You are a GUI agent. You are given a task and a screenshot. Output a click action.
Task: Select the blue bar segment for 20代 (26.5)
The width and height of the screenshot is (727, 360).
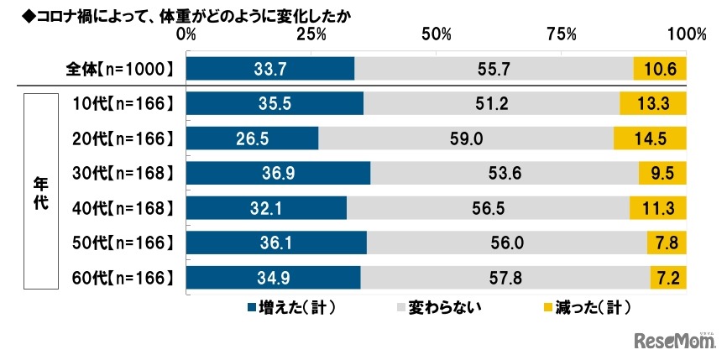click(252, 138)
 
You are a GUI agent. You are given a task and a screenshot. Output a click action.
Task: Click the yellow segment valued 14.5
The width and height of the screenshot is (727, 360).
click(651, 138)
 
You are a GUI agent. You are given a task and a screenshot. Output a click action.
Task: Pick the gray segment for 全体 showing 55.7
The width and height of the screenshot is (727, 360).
click(494, 69)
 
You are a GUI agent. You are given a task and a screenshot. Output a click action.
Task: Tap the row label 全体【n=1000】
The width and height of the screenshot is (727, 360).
click(123, 69)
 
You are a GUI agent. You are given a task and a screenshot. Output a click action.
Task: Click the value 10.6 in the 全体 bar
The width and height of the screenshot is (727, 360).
click(661, 69)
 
